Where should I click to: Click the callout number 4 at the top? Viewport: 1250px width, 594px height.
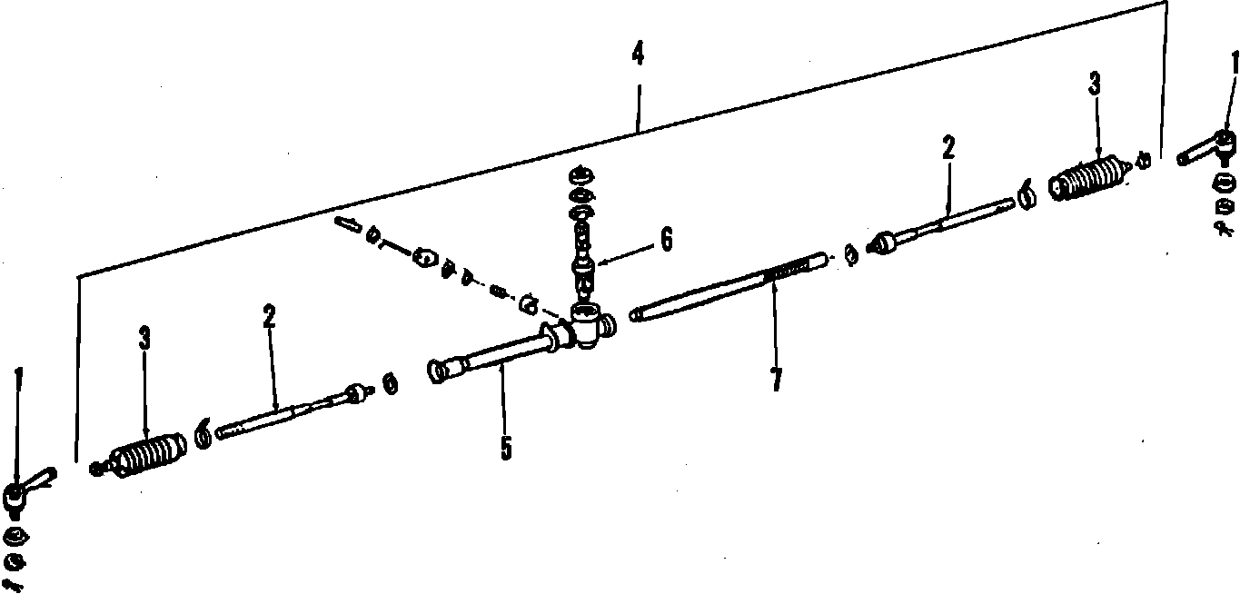coord(638,54)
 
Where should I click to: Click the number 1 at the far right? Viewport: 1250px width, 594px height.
coord(1234,63)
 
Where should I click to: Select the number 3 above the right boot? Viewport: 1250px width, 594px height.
coord(1095,84)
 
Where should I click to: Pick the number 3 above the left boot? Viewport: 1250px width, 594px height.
coord(144,339)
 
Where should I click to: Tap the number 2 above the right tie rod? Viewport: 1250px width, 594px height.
coord(948,148)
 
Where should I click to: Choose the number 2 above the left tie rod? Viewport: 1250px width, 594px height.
coord(270,316)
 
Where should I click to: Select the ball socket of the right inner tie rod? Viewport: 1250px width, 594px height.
coord(884,243)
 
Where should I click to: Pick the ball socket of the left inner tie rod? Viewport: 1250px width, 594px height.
coord(356,392)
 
